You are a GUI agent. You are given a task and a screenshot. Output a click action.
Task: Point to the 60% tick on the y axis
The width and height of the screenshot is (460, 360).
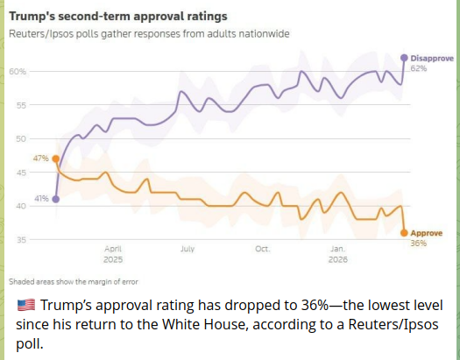18,71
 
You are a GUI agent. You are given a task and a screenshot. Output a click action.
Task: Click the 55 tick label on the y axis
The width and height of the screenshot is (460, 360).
20,104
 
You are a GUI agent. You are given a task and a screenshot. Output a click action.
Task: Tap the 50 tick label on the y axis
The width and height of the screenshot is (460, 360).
20,138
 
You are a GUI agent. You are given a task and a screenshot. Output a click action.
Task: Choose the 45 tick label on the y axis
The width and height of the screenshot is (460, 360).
20,173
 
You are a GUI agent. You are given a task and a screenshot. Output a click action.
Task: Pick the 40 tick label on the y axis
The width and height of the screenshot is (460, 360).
20,206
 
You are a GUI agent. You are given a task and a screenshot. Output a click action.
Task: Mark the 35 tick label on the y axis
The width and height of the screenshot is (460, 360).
20,239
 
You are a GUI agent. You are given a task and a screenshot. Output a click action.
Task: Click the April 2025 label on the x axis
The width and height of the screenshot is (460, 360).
113,254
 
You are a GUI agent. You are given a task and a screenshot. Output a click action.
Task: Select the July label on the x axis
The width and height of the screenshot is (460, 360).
188,249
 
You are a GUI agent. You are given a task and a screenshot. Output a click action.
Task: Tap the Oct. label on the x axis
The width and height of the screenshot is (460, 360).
262,249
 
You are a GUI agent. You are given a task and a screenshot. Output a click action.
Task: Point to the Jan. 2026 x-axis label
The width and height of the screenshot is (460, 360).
338,254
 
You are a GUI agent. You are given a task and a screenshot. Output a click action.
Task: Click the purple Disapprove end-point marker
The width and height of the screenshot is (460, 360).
404,57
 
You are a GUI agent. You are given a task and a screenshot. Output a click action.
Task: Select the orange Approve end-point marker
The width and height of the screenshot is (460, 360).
404,232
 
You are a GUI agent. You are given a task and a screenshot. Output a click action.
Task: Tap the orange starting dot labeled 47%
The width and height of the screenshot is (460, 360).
56,159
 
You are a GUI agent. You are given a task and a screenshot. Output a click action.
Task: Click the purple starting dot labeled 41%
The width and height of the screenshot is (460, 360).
56,199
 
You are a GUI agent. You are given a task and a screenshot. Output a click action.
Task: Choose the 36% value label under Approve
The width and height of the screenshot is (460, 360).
418,243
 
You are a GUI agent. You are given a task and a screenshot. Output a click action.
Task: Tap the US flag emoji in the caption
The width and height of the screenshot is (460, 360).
26,306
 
